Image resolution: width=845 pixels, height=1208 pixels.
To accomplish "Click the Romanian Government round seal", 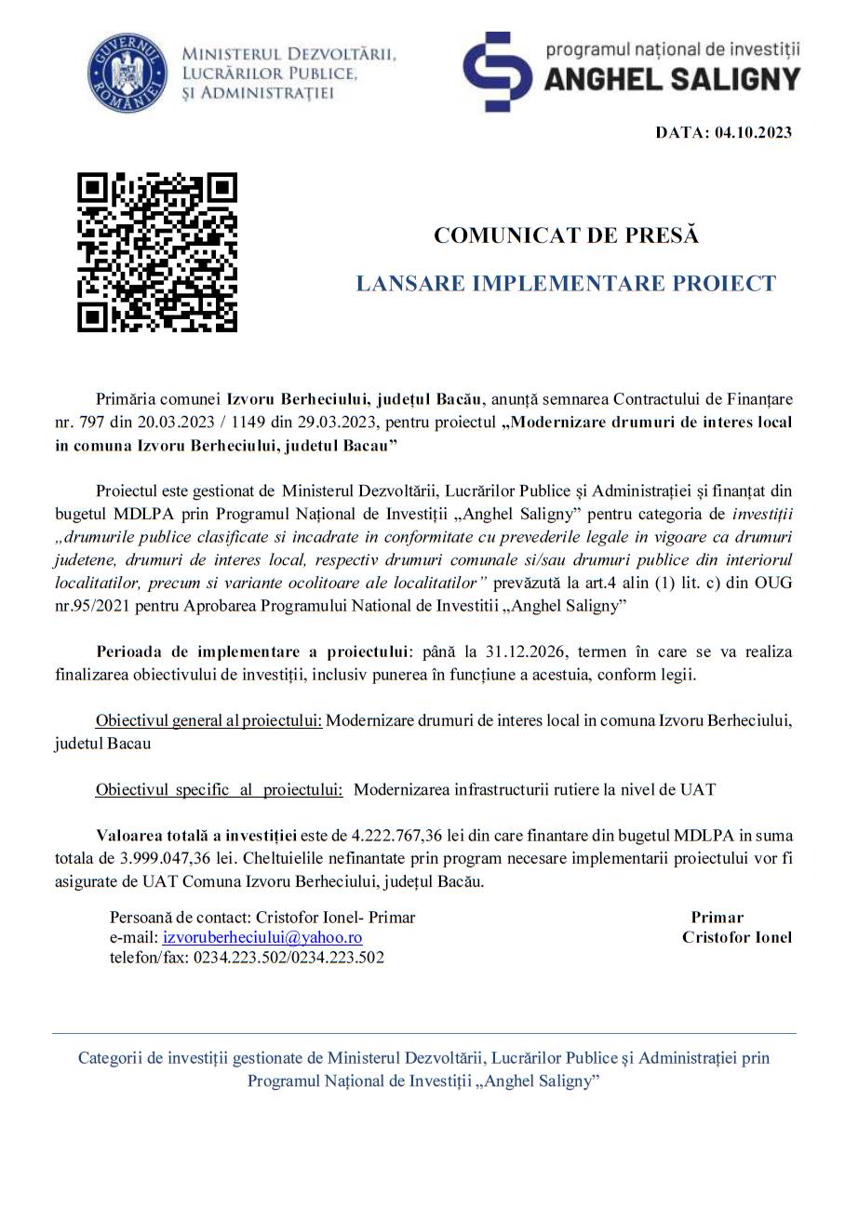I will click(127, 73).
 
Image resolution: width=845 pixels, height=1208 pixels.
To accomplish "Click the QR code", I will click(156, 252).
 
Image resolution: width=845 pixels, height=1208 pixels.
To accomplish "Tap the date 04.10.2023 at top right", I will click(753, 132).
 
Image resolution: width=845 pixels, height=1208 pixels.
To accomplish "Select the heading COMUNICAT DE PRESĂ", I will click(566, 235).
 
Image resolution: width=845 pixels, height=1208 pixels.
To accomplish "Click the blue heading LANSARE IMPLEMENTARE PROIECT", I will click(566, 284).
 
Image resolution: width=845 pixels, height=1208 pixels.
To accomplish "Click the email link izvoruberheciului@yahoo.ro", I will click(262, 937).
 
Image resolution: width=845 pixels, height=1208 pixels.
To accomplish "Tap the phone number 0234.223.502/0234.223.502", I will click(288, 957).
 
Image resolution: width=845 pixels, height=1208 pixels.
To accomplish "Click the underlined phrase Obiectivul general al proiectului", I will click(208, 721).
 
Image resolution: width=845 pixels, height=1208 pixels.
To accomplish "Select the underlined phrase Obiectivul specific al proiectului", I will click(219, 789).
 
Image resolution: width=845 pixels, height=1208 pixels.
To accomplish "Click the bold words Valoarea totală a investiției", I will click(196, 836).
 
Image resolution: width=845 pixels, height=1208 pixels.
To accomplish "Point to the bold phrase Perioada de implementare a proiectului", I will click(252, 652).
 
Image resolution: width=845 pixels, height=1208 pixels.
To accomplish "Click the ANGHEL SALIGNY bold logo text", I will click(671, 80).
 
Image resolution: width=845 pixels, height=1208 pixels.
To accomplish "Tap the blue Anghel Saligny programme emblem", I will click(497, 72).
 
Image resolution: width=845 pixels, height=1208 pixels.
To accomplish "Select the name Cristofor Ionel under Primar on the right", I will click(736, 937).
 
